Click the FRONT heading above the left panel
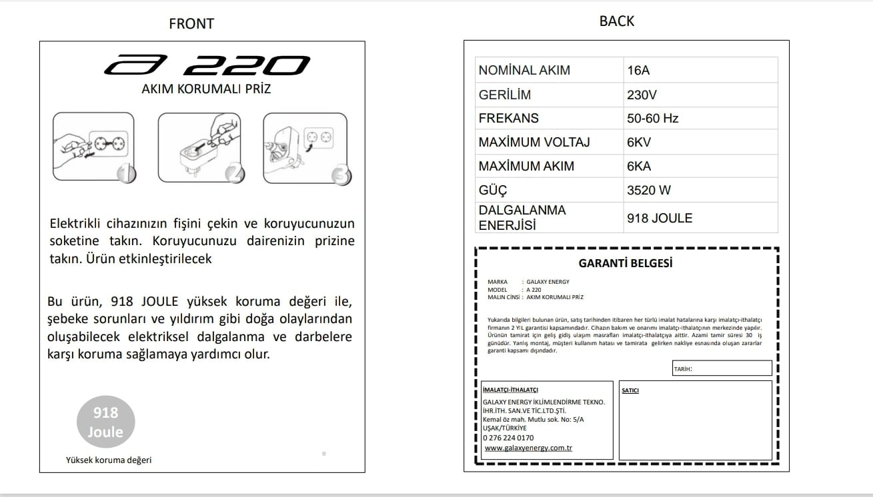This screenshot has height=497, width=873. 191,23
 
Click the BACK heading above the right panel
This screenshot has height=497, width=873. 617,21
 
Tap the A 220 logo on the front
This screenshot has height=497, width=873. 207,65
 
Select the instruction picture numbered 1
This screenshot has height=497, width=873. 94,147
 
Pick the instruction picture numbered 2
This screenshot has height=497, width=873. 200,147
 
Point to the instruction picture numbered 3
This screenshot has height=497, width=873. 306,147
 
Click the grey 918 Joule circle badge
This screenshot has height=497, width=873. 105,422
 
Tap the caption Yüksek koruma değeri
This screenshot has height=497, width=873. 109,460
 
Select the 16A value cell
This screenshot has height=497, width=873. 700,70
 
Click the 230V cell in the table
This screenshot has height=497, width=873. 700,95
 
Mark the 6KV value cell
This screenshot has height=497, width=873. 700,142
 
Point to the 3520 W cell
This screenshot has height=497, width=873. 700,190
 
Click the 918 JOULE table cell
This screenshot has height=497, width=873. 700,218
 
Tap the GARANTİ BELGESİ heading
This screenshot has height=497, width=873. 626,263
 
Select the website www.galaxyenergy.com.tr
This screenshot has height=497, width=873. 528,448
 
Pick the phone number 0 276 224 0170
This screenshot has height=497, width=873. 508,438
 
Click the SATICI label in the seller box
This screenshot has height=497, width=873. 630,390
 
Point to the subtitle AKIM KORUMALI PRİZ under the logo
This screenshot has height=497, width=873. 206,89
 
